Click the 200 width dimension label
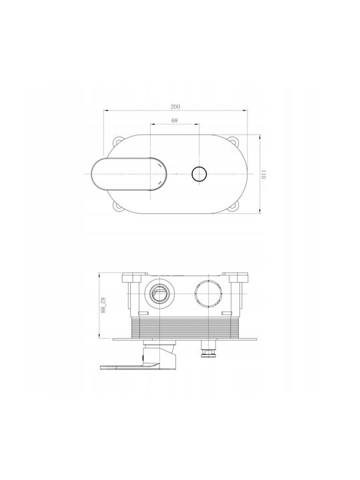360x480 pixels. point(175,107)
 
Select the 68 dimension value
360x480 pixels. point(175,121)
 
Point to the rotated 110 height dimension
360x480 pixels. point(263,174)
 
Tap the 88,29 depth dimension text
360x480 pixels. point(103,305)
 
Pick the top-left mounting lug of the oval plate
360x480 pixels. point(117,142)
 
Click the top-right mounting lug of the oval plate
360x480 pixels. point(235,142)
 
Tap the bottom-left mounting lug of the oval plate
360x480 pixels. point(117,206)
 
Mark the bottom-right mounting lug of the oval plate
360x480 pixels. point(235,206)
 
